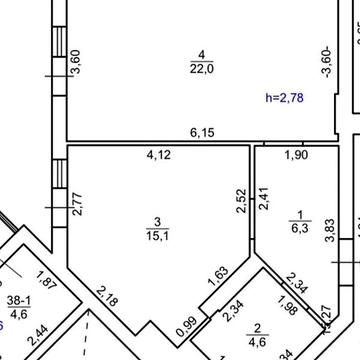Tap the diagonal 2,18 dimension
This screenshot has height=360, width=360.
107,297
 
